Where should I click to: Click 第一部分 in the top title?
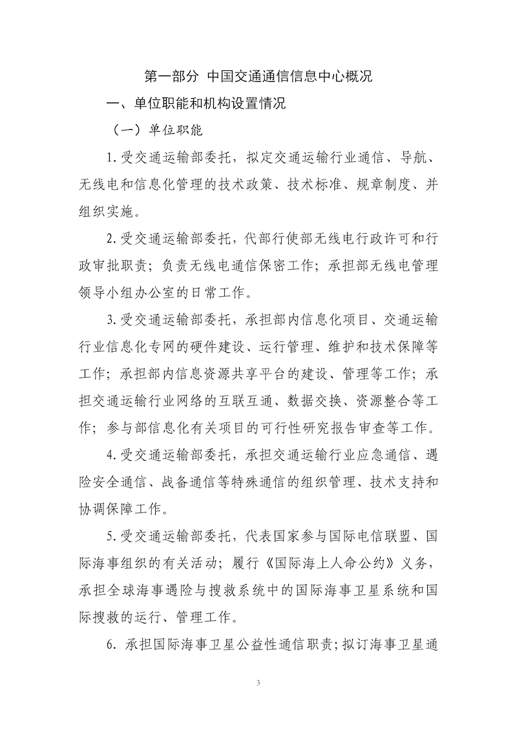point(170,76)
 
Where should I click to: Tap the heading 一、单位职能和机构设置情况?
point(196,103)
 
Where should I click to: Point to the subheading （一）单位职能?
point(158,130)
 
